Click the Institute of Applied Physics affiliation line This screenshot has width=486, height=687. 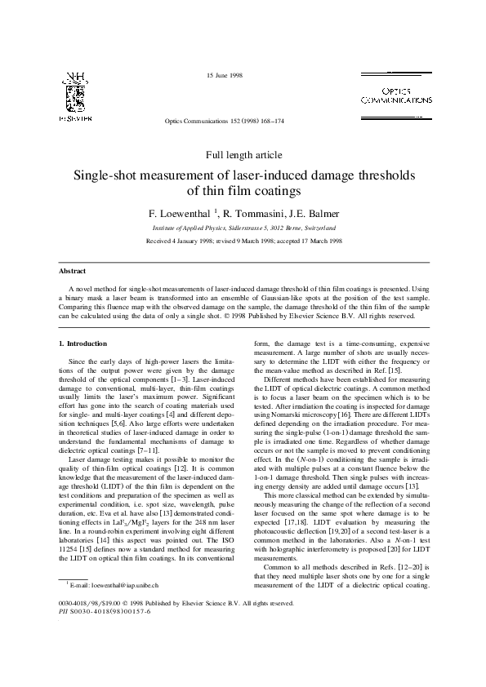click(x=243, y=228)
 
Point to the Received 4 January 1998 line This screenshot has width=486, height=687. click(x=243, y=242)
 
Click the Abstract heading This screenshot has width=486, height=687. click(x=73, y=270)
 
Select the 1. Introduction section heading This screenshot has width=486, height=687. click(x=82, y=343)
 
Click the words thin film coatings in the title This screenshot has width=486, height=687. click(x=243, y=192)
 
